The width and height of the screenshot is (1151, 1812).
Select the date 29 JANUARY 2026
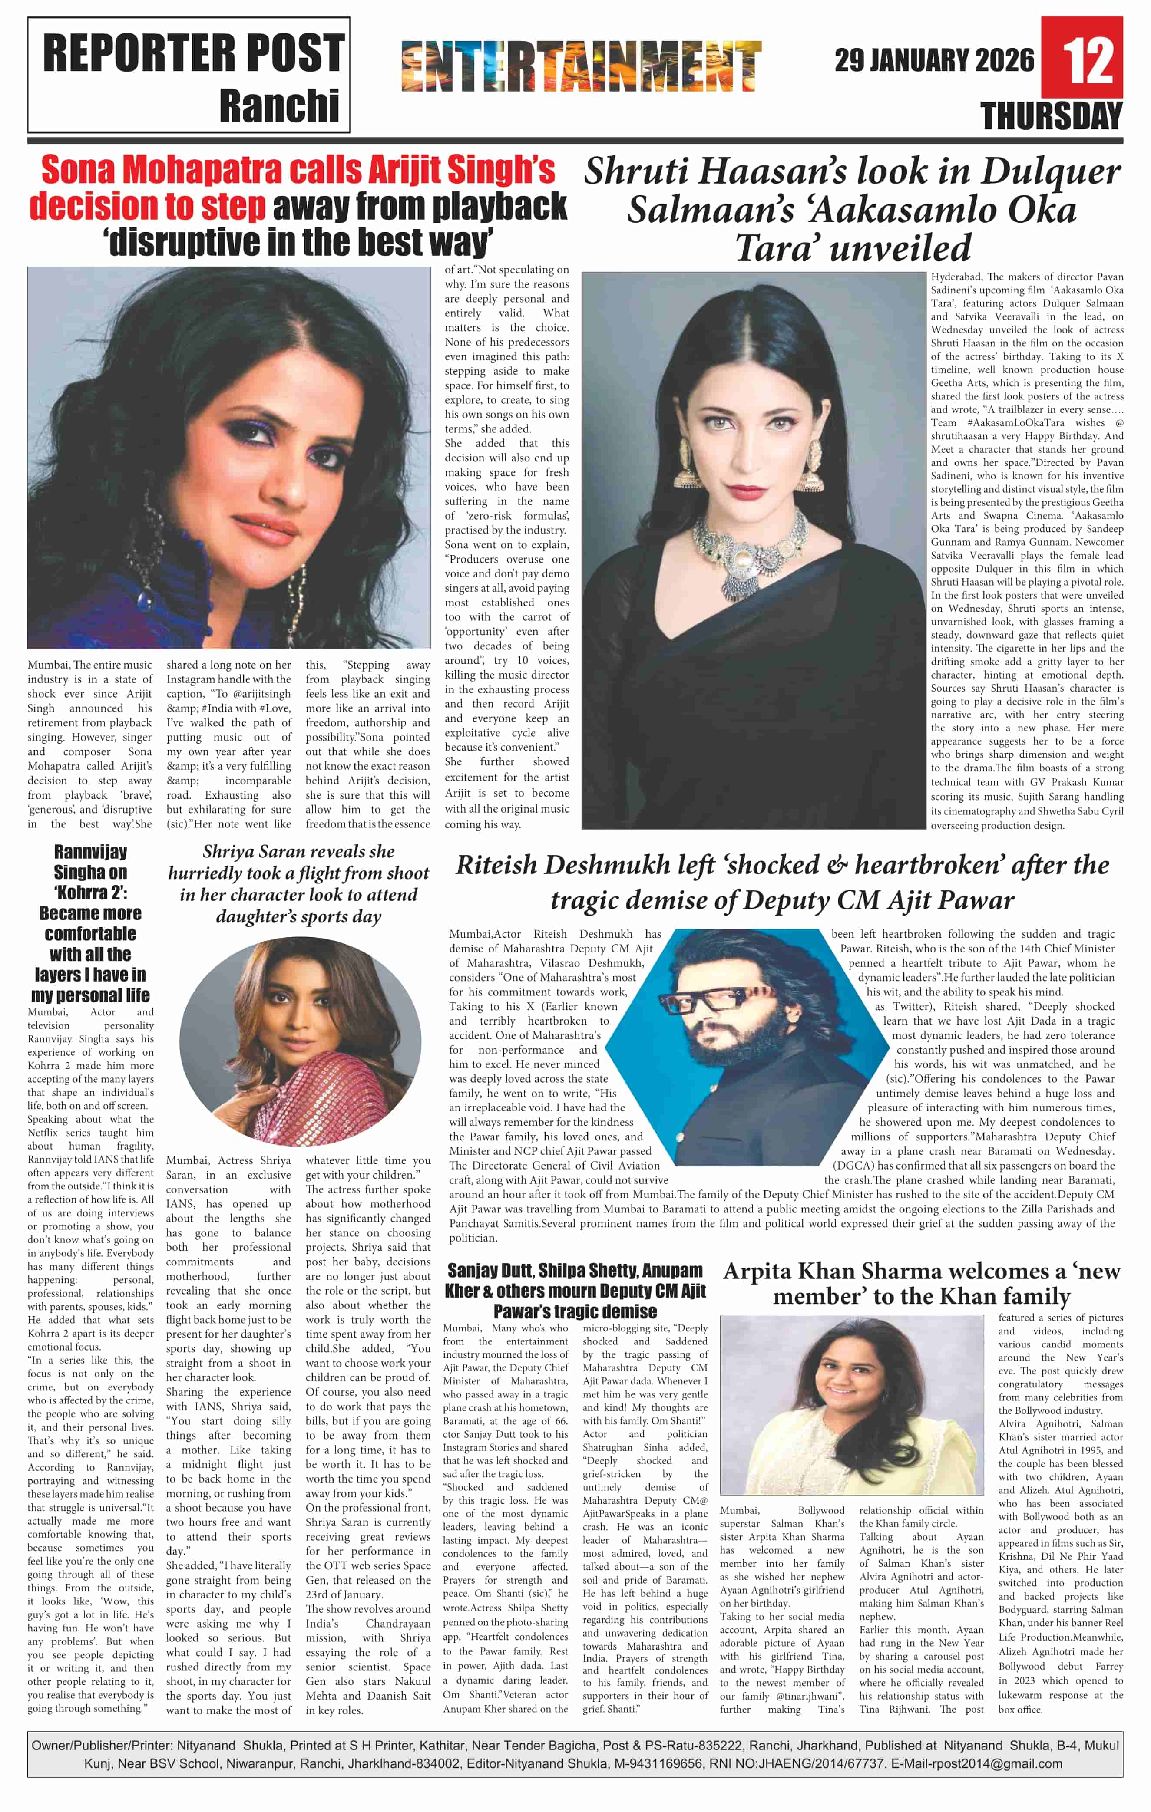(x=934, y=60)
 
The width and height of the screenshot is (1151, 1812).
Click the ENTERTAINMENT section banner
(x=581, y=66)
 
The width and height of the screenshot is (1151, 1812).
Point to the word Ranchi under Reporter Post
(x=279, y=106)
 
